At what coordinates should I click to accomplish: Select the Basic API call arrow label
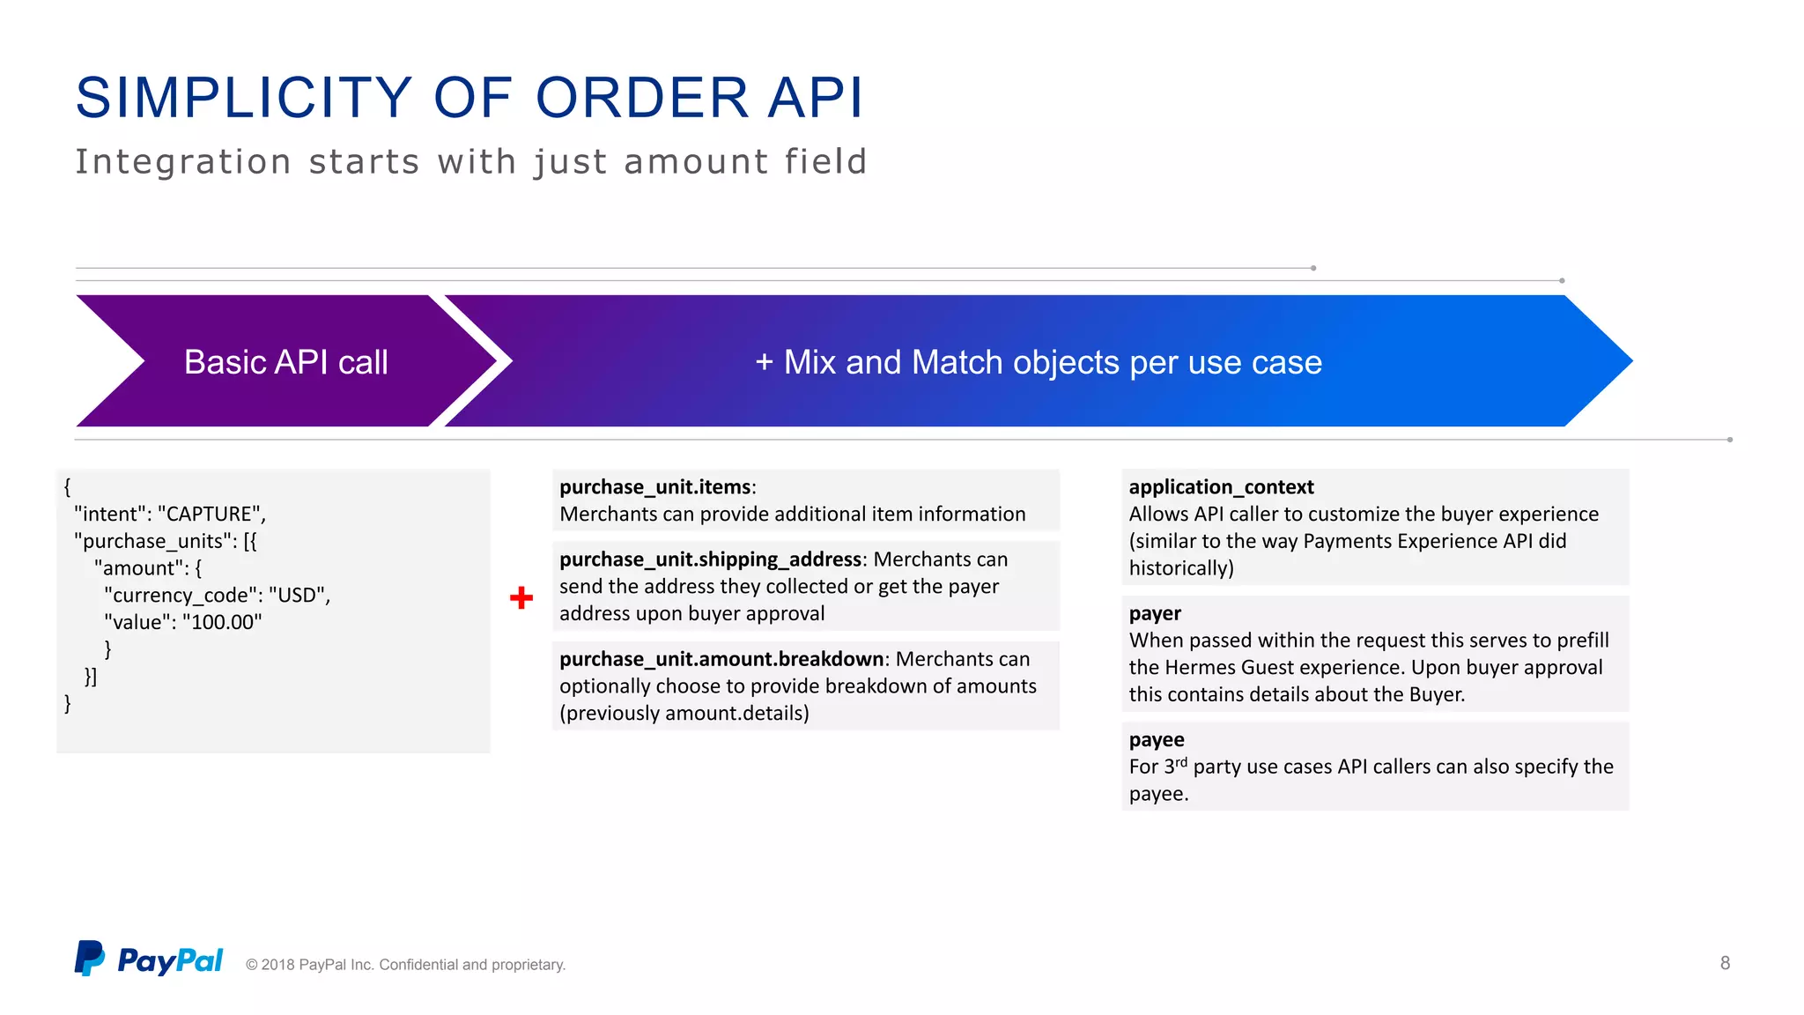(285, 362)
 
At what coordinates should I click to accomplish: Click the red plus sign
(521, 598)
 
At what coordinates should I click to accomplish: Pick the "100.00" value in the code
(222, 622)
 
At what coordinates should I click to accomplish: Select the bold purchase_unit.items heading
(656, 487)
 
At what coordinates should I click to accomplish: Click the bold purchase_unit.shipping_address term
(710, 559)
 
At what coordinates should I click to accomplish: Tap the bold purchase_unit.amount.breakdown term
(721, 659)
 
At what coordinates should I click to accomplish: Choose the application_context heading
(1221, 487)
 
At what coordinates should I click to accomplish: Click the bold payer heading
(1155, 613)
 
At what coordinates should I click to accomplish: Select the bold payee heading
(1157, 739)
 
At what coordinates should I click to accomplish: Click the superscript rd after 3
(1181, 762)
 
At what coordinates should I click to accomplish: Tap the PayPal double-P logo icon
(89, 958)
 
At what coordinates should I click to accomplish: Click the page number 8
(1725, 963)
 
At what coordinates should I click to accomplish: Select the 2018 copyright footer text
(405, 965)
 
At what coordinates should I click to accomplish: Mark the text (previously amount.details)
(684, 713)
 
